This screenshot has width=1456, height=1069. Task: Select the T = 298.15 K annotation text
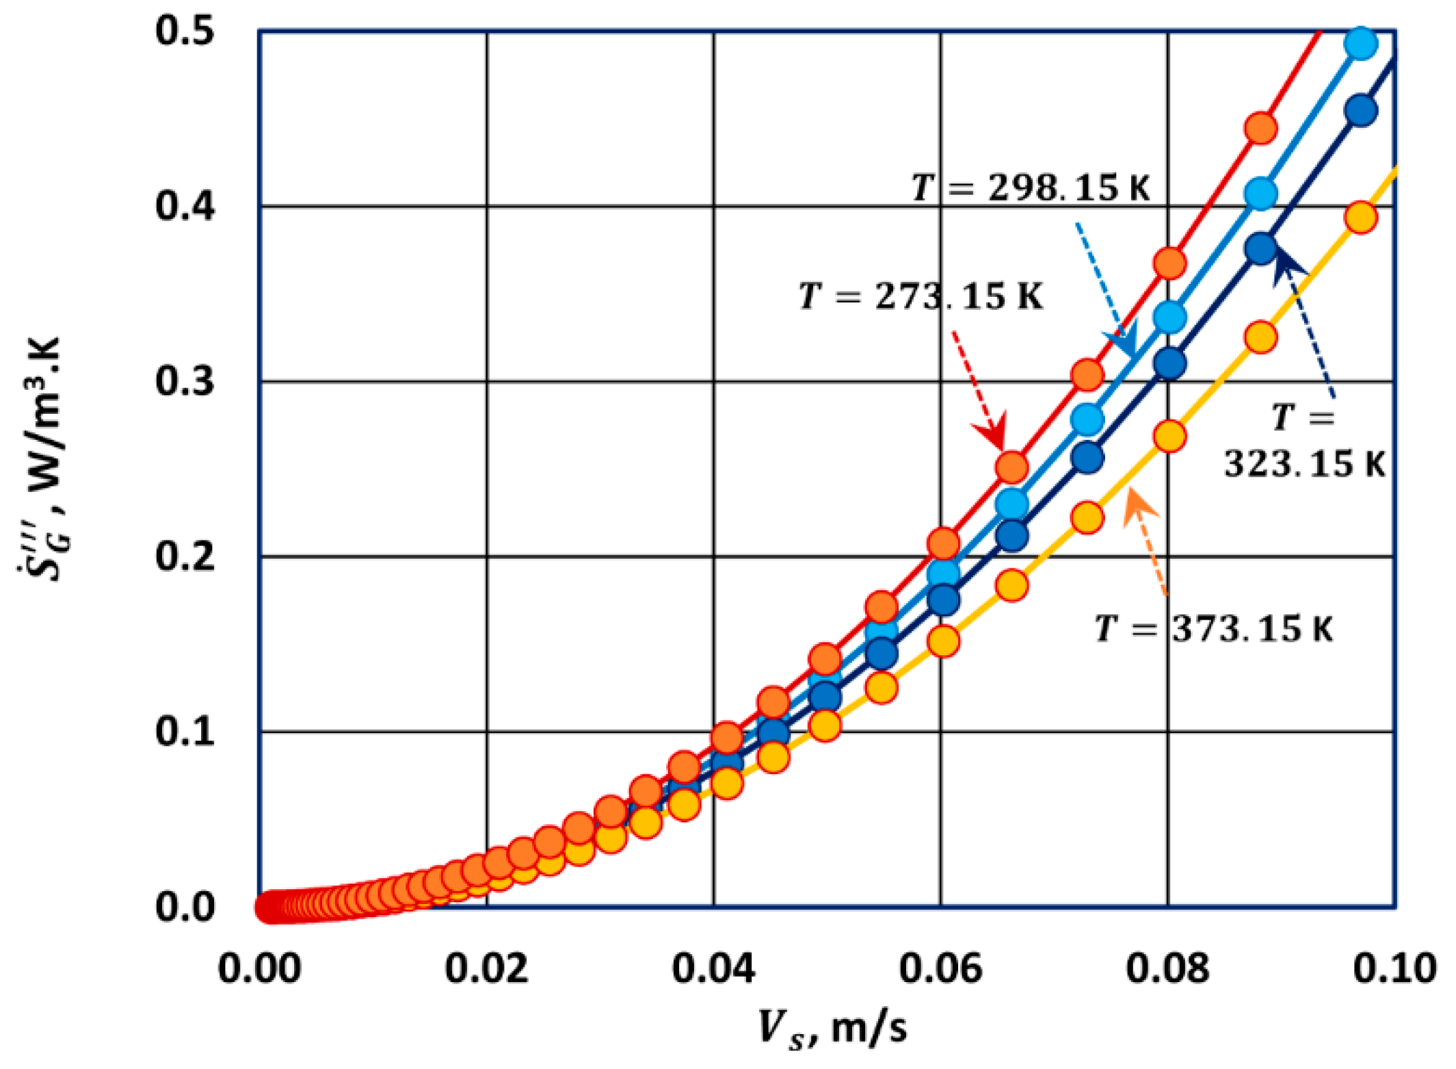[x=1031, y=187]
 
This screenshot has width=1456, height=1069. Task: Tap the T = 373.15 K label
[x=1214, y=629]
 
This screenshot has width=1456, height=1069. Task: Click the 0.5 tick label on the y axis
[x=185, y=31]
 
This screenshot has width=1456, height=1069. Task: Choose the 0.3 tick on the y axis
[x=185, y=381]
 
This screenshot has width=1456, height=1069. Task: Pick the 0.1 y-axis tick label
[x=185, y=732]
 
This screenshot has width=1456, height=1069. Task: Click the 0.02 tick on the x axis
[x=486, y=969]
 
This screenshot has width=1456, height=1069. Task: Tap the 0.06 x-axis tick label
[x=940, y=969]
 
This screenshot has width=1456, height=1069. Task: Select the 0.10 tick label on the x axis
[x=1394, y=969]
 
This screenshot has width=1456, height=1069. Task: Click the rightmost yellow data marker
[x=1360, y=218]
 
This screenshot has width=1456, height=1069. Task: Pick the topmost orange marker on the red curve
[x=1261, y=129]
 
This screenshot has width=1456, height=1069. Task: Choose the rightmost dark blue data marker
[x=1360, y=111]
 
